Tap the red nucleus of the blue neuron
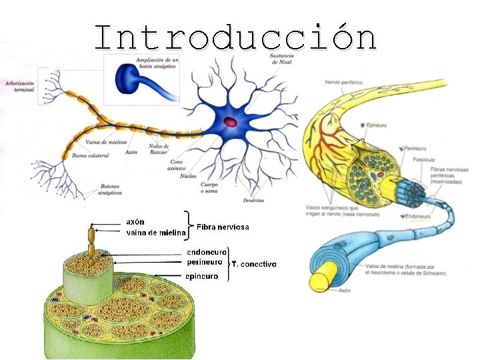coord(230,122)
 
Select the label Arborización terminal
coord(19,87)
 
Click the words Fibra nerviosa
coord(223,227)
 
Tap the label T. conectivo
coord(253,265)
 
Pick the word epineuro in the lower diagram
coord(199,276)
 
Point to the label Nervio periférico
coord(344,81)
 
